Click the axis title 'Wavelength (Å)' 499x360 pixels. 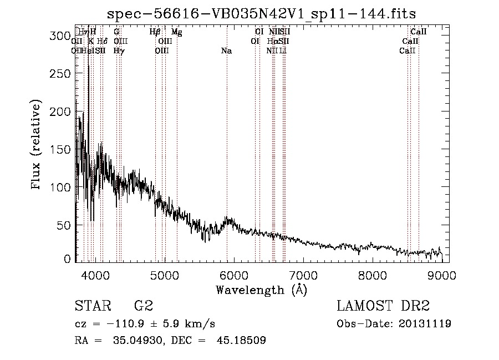click(261, 289)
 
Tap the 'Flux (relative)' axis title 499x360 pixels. click(37, 146)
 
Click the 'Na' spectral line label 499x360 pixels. click(226, 51)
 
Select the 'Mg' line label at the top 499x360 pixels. click(176, 32)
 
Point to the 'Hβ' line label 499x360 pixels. click(155, 32)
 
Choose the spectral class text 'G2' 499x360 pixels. click(144, 306)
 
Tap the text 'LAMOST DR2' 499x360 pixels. click(383, 306)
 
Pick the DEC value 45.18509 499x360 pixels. click(242, 341)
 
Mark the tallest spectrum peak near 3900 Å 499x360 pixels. click(89, 67)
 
